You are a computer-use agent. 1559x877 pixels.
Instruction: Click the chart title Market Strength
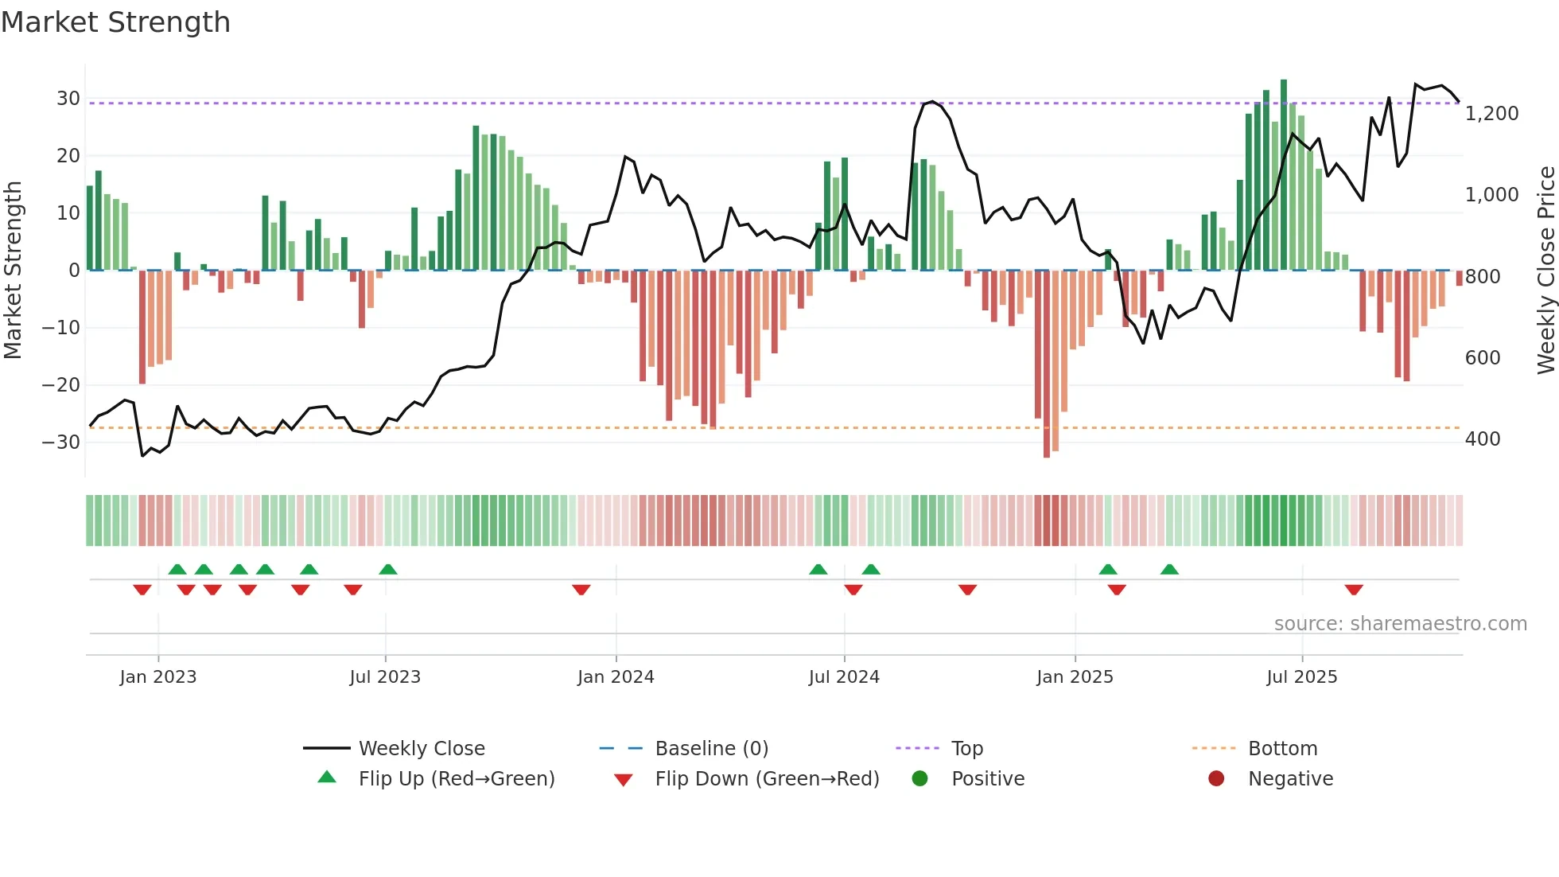point(115,22)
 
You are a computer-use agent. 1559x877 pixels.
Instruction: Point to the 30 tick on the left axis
point(68,99)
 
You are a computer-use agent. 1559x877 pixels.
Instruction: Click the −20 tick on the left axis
point(61,385)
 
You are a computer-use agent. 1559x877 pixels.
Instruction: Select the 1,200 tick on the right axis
point(1491,114)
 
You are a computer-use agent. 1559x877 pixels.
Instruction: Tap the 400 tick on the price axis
point(1483,439)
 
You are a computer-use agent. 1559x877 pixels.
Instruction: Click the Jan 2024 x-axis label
point(616,677)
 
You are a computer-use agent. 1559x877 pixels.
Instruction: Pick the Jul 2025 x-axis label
point(1302,677)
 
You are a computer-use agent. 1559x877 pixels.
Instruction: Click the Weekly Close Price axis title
point(1545,271)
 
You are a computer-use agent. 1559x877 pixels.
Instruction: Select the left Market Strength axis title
point(13,271)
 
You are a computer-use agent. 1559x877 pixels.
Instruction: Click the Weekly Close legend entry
point(421,749)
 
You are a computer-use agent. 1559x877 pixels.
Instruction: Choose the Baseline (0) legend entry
point(711,749)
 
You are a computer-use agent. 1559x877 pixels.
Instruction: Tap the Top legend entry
point(966,749)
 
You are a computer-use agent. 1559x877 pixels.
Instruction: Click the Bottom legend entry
point(1282,749)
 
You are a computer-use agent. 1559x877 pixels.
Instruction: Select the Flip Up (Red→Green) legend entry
point(456,779)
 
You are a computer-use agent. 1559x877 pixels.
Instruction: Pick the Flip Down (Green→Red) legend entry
point(767,779)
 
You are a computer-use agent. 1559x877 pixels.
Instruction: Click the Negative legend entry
point(1289,779)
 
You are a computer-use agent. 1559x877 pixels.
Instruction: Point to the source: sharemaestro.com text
point(1400,624)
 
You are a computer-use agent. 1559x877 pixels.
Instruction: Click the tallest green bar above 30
point(1284,175)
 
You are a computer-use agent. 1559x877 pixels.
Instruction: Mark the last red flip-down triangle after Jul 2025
point(1354,590)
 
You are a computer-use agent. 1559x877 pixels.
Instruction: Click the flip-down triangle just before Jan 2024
point(581,590)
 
